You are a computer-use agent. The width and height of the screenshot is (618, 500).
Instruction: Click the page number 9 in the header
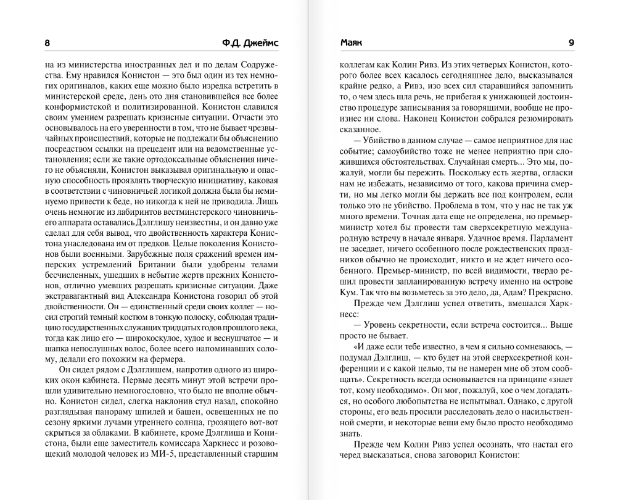point(571,43)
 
